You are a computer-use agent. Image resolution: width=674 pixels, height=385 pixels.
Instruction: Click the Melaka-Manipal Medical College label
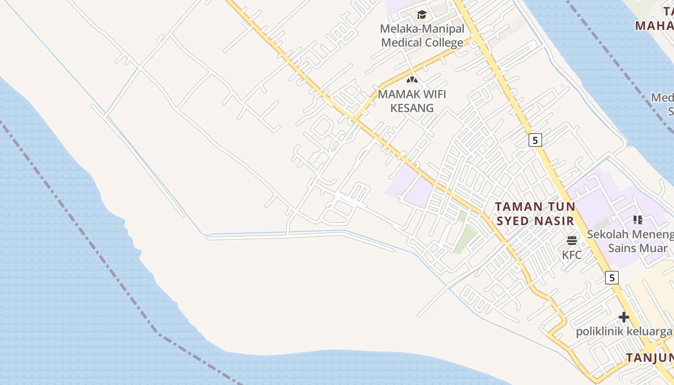[423, 36]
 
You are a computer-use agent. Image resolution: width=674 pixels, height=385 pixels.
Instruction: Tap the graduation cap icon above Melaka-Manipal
[422, 15]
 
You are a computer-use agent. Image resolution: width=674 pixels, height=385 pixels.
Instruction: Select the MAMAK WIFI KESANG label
[412, 101]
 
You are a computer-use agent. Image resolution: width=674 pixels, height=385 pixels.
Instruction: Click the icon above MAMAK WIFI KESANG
[412, 80]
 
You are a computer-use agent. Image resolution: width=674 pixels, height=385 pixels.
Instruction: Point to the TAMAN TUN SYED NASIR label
[535, 214]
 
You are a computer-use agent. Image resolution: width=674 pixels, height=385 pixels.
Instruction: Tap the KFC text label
[572, 255]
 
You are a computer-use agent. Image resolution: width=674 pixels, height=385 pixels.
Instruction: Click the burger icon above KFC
[572, 241]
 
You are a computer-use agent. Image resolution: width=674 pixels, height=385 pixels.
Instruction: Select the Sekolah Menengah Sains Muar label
[630, 241]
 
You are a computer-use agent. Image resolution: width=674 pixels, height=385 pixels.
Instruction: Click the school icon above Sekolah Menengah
[638, 220]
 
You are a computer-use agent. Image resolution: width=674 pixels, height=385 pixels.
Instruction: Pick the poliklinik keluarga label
[624, 332]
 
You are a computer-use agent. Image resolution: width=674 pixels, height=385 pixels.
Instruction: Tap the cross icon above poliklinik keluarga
[624, 317]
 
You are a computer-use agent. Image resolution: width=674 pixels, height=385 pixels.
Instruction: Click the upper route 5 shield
[535, 140]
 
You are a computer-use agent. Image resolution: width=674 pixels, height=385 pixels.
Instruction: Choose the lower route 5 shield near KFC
[611, 278]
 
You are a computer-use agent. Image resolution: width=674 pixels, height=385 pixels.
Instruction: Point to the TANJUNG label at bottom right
[650, 358]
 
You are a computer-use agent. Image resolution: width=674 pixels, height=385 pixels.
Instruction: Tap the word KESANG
[412, 107]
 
